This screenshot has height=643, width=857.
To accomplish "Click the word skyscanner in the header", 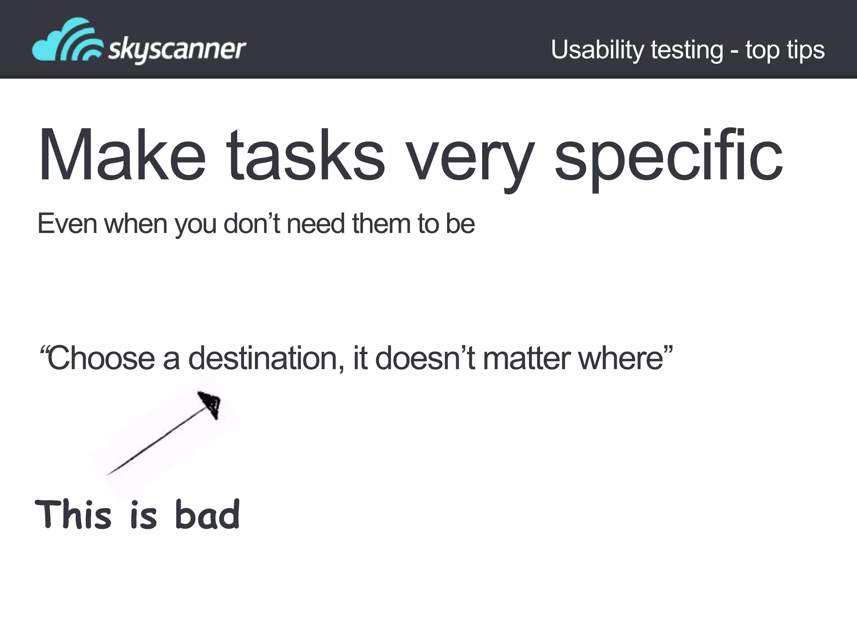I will pyautogui.click(x=177, y=49).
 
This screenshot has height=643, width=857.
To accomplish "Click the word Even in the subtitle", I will pyautogui.click(x=67, y=224).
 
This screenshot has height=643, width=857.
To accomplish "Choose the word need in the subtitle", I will pyautogui.click(x=316, y=224).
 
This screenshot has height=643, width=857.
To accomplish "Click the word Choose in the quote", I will pyautogui.click(x=101, y=358).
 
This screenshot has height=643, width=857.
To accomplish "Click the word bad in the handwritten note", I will pyautogui.click(x=207, y=514).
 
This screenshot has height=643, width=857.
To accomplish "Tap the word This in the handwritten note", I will pyautogui.click(x=74, y=514).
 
